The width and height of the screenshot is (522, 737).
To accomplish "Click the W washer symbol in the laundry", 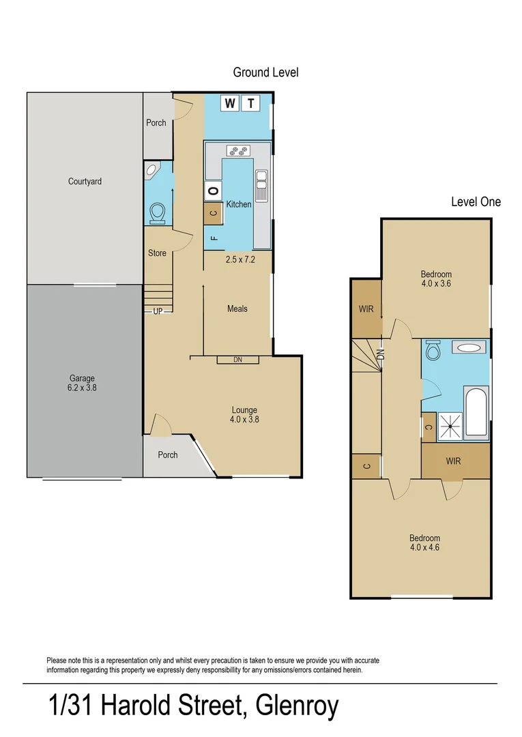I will (230, 104).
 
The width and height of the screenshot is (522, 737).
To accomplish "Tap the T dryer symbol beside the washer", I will (252, 104).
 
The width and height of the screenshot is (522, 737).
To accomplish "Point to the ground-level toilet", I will (157, 214).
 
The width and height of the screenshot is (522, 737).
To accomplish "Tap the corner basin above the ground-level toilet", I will (151, 170).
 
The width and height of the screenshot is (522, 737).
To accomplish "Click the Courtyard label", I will (85, 182).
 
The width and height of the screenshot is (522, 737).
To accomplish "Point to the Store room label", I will (157, 253).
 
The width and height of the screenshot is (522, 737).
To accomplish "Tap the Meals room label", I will (237, 308).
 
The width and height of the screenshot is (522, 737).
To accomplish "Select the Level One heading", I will (476, 202).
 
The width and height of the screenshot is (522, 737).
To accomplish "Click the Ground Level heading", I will (265, 72).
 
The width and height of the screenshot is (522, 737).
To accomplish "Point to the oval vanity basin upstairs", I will (469, 348).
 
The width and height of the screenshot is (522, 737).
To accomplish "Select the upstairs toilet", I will (432, 352).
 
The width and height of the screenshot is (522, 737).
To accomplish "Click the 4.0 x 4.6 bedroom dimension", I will (424, 547).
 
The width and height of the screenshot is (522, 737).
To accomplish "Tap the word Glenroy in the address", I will (296, 706).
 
